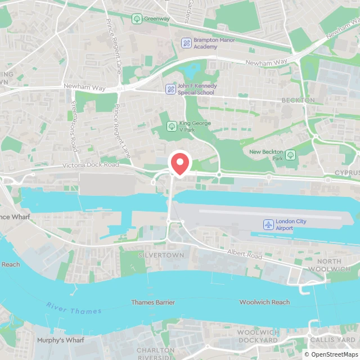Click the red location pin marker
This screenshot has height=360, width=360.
180,164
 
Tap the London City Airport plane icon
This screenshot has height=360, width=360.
268,225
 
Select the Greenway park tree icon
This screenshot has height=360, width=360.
137,19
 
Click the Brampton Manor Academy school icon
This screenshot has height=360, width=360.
186,43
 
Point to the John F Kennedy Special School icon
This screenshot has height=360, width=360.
170,89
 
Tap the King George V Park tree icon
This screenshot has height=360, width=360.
172,126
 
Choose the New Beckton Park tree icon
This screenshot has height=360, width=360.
290,155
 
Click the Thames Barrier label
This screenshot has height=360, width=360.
153,303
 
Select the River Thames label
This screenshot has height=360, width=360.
74,308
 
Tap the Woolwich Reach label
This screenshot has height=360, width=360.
264,303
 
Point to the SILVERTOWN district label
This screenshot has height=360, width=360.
153,255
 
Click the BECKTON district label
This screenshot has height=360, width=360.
298,100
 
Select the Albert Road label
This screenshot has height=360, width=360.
246,253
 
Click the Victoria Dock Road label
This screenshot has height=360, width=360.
91,165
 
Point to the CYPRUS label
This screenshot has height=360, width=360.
346,172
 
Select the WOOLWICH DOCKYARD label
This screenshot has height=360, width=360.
258,336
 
